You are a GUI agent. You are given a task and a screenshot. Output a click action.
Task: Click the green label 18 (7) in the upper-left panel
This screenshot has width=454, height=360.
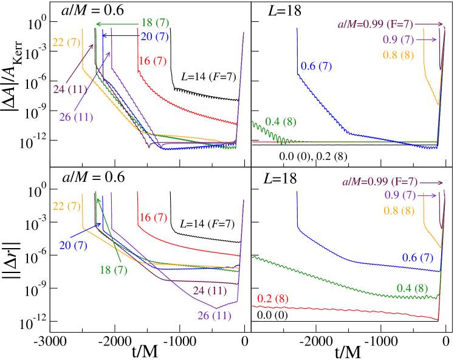pos(154,23)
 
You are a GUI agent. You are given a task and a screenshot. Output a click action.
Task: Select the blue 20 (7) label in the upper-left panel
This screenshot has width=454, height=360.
pos(154,37)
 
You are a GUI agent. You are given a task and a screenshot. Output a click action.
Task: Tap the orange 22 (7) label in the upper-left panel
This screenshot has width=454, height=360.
pos(67,43)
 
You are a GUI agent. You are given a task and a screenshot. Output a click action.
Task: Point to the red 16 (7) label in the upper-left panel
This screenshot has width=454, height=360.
pos(153,61)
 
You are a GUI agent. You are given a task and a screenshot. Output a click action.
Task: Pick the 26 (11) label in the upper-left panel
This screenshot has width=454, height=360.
pos(76,117)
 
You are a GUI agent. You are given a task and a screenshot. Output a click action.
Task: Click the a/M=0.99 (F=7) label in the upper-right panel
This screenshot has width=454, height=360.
pos(376,25)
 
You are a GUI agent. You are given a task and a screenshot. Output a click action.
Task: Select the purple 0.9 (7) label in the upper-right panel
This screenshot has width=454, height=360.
pos(398,40)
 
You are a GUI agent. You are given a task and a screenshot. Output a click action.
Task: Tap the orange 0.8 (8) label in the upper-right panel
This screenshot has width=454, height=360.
pos(398,55)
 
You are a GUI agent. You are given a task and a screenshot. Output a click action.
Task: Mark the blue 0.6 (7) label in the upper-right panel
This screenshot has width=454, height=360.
pos(316,66)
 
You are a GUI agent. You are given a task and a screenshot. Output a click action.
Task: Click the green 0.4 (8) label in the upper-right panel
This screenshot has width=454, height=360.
pos(281,122)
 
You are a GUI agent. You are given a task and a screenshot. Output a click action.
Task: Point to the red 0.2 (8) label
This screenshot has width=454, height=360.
pos(273,299)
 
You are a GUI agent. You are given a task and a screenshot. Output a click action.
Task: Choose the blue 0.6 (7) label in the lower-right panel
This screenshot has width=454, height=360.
pos(418,258)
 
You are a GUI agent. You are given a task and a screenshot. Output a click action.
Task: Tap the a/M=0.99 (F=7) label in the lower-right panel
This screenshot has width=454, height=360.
pos(379,182)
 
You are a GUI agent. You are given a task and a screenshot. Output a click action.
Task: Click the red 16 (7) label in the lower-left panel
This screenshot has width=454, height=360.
pos(153,218)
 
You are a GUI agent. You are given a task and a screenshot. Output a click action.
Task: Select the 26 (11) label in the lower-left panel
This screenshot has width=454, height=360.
pos(214,316)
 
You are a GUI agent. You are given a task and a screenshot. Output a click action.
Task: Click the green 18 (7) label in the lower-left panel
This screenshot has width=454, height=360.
pos(114,270)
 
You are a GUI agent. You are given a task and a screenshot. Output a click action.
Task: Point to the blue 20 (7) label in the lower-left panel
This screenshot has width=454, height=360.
pos(74,246)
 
